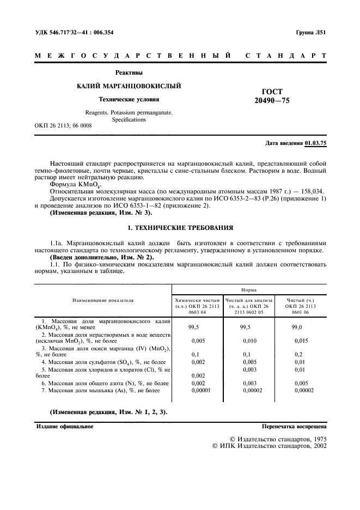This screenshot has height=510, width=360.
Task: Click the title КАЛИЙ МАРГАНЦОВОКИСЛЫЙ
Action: click(x=129, y=86)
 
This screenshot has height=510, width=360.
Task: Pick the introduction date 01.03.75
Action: click(x=316, y=143)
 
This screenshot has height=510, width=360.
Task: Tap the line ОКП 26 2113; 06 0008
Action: click(x=63, y=126)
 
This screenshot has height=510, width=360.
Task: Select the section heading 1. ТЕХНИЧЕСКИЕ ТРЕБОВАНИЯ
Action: click(x=180, y=227)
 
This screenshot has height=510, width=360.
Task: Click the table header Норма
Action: click(x=249, y=290)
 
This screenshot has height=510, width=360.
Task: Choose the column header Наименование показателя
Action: click(x=103, y=300)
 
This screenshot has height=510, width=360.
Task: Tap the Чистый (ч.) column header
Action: click(x=300, y=300)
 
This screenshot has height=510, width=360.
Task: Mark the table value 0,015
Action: click(x=301, y=341)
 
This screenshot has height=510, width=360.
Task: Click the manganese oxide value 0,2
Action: click(x=298, y=354)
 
